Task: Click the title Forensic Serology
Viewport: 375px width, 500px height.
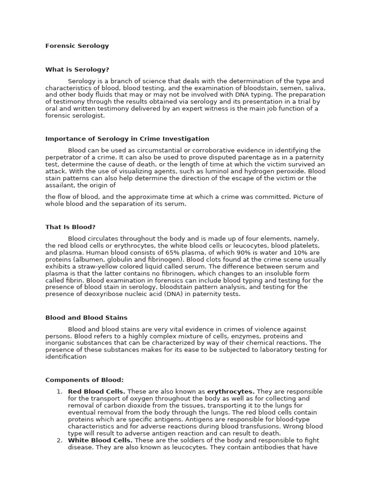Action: [77, 46]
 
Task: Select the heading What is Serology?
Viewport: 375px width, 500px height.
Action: [77, 70]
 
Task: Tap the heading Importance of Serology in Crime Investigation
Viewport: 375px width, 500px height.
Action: [127, 139]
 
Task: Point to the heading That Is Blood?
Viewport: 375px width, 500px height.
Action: [70, 227]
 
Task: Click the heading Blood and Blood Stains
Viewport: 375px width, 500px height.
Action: [86, 317]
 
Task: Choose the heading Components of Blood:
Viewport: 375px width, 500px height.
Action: [84, 380]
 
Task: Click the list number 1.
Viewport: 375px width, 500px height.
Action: [59, 392]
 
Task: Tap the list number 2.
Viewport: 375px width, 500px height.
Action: [59, 440]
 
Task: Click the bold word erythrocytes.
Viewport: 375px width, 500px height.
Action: [230, 392]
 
